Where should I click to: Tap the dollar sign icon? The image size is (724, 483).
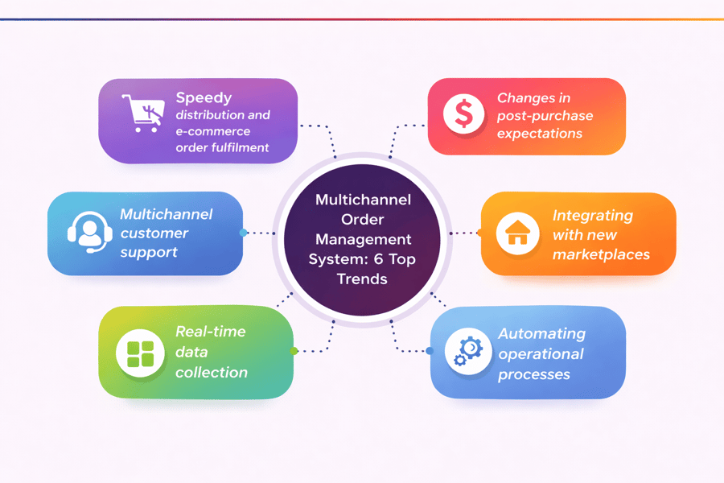[464, 114]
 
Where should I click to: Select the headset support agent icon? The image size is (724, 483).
[88, 233]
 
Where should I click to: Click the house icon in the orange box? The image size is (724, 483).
[516, 233]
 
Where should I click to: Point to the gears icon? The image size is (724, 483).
[467, 352]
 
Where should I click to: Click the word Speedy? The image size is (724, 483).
[204, 97]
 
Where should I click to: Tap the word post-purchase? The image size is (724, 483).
[545, 116]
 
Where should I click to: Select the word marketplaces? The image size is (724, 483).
[601, 254]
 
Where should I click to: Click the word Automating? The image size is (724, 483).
[541, 333]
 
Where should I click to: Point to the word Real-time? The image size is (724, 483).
[211, 331]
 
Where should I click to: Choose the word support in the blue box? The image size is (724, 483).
[148, 252]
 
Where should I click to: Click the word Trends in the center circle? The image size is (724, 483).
[362, 279]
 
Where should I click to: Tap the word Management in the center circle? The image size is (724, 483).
[363, 239]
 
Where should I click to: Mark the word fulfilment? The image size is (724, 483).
[240, 147]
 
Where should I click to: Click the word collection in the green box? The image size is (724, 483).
[212, 372]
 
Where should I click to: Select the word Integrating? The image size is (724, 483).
[592, 216]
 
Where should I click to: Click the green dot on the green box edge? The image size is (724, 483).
[294, 351]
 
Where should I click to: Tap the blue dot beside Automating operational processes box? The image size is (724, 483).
[430, 351]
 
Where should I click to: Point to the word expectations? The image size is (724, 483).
[540, 134]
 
